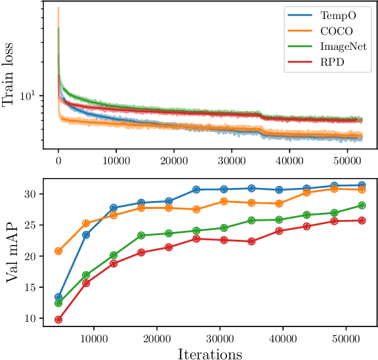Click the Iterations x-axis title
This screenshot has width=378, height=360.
click(x=209, y=353)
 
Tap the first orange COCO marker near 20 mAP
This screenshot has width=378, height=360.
click(x=58, y=251)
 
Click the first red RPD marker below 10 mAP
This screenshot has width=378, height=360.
click(x=58, y=319)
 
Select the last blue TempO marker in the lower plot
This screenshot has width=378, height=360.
click(x=361, y=185)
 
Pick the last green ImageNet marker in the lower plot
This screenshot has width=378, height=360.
click(x=361, y=205)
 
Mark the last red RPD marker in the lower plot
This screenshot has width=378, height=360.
click(x=361, y=220)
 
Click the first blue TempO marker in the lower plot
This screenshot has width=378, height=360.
click(x=58, y=297)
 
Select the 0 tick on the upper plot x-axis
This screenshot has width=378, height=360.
click(x=58, y=160)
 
